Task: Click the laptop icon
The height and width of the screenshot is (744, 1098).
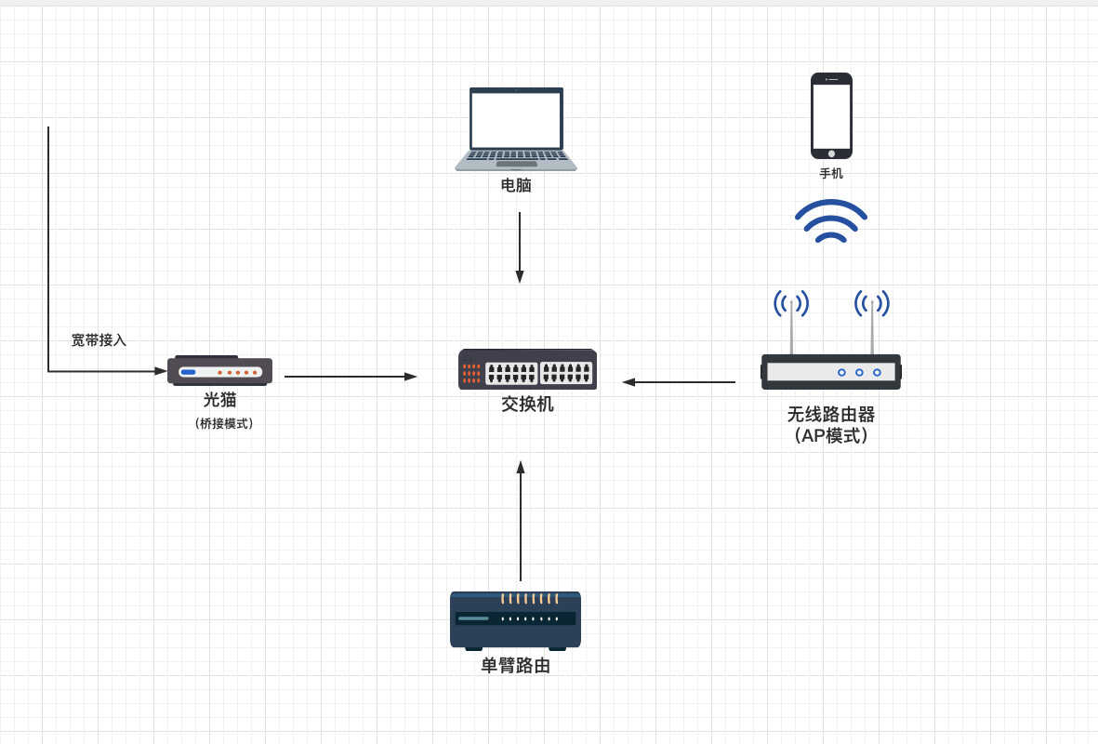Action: (x=516, y=129)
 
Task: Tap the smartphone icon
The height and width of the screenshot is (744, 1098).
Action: (x=831, y=115)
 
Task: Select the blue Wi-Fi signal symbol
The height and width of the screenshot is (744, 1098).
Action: (x=831, y=221)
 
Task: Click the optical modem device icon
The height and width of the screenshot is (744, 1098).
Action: (x=220, y=370)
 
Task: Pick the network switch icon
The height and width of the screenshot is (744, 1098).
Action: (x=527, y=369)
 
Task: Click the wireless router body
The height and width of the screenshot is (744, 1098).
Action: (x=831, y=372)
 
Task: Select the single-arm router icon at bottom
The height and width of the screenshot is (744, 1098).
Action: (x=515, y=620)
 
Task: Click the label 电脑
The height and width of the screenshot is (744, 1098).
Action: (x=516, y=185)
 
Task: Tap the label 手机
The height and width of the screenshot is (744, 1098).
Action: (x=831, y=173)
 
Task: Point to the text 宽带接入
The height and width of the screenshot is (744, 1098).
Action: (x=99, y=339)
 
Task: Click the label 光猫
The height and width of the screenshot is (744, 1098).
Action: (x=220, y=399)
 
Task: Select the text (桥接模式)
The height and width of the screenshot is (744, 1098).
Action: (x=224, y=423)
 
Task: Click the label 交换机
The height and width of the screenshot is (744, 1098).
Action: (x=527, y=405)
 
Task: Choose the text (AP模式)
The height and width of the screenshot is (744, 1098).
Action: (x=831, y=436)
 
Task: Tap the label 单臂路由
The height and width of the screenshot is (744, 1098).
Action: (x=515, y=666)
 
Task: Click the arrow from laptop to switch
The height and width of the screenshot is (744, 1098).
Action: (x=520, y=247)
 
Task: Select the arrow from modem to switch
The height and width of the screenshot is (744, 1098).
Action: (x=351, y=377)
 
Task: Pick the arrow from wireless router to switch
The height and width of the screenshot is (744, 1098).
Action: (x=679, y=382)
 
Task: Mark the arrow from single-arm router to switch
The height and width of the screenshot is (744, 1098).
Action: (x=521, y=521)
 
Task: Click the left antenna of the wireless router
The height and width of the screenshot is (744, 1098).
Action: (x=791, y=324)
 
